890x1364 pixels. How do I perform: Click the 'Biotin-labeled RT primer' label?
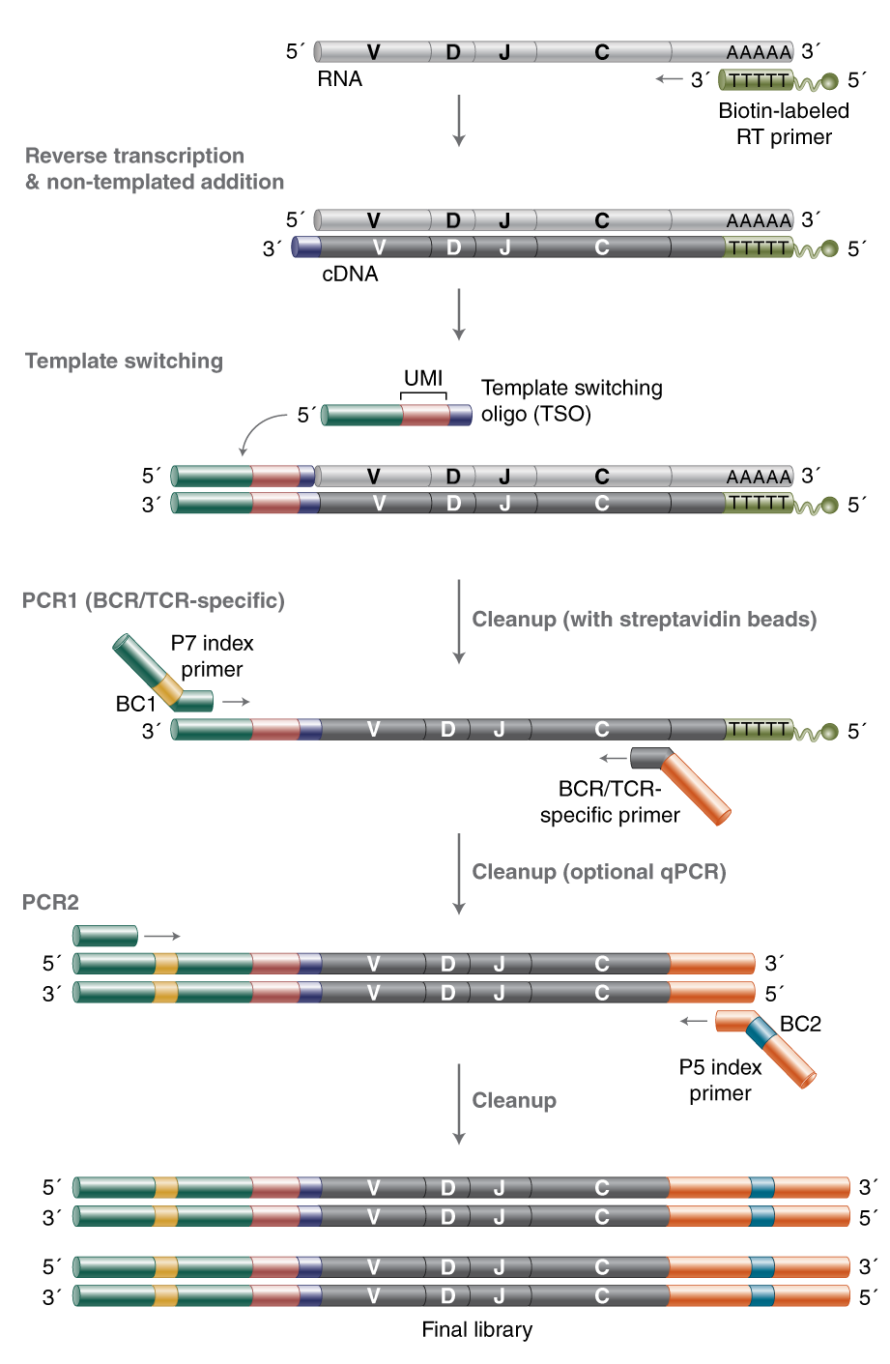tap(783, 124)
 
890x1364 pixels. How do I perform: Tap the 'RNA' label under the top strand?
tap(339, 79)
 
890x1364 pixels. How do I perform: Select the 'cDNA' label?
tap(350, 275)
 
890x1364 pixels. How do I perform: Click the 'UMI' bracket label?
tap(423, 378)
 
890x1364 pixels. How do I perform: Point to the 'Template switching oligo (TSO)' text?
tap(571, 401)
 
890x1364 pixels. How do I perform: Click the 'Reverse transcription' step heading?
tap(134, 156)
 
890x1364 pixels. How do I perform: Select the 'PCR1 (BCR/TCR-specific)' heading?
tap(153, 600)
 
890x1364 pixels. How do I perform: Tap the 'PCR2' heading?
tap(50, 902)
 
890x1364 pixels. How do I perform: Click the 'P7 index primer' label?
tap(212, 655)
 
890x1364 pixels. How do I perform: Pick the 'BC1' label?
tap(135, 704)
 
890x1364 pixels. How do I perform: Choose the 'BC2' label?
tap(800, 1024)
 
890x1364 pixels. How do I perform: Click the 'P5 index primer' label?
tap(720, 1080)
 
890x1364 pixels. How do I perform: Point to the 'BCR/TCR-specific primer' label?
tap(610, 801)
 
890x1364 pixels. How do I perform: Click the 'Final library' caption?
tap(476, 1329)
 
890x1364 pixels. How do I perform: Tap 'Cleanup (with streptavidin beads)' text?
tap(644, 620)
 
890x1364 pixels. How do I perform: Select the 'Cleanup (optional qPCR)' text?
tap(598, 872)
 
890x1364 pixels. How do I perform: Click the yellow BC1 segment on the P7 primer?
tap(168, 689)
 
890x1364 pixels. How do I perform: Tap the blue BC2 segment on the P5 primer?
tap(761, 1032)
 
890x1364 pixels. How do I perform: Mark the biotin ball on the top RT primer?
tap(829, 81)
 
